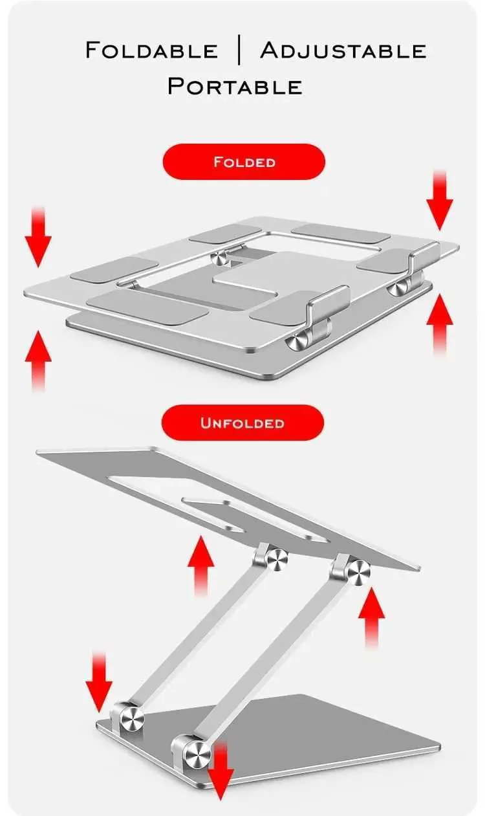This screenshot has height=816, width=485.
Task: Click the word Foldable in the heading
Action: pyautogui.click(x=151, y=50)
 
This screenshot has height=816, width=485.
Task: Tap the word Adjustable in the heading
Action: pyautogui.click(x=343, y=50)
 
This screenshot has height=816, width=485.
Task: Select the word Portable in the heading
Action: pyautogui.click(x=235, y=86)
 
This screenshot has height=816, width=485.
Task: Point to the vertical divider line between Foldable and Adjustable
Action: pyautogui.click(x=239, y=50)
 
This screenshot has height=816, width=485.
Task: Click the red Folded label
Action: pyautogui.click(x=244, y=161)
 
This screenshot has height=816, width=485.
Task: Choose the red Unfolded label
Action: pyautogui.click(x=242, y=423)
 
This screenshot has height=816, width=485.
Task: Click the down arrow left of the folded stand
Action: pyautogui.click(x=38, y=237)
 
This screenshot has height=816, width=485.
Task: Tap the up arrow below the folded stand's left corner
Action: pyautogui.click(x=38, y=360)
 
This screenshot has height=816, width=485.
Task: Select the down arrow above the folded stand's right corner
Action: pyautogui.click(x=440, y=201)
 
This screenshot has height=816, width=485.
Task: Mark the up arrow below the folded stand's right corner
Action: pyautogui.click(x=440, y=324)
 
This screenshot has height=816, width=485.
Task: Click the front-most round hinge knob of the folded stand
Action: pyautogui.click(x=297, y=343)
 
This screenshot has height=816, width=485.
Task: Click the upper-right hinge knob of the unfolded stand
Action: pyautogui.click(x=357, y=574)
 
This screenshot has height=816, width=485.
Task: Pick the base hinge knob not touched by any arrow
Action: pyautogui.click(x=132, y=720)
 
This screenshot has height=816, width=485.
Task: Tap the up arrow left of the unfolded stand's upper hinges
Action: pyautogui.click(x=201, y=566)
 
